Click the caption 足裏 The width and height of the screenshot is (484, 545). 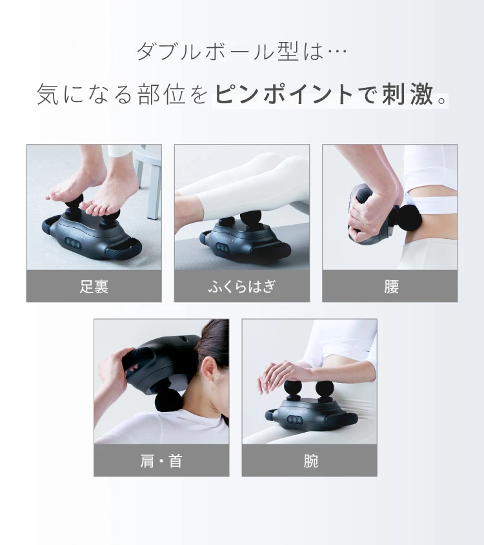click(94, 286)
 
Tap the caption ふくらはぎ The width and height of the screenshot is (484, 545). click(241, 286)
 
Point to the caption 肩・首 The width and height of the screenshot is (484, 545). click(161, 461)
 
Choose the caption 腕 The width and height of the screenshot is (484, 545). click(310, 461)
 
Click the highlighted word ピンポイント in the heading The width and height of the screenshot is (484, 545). click(284, 94)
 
